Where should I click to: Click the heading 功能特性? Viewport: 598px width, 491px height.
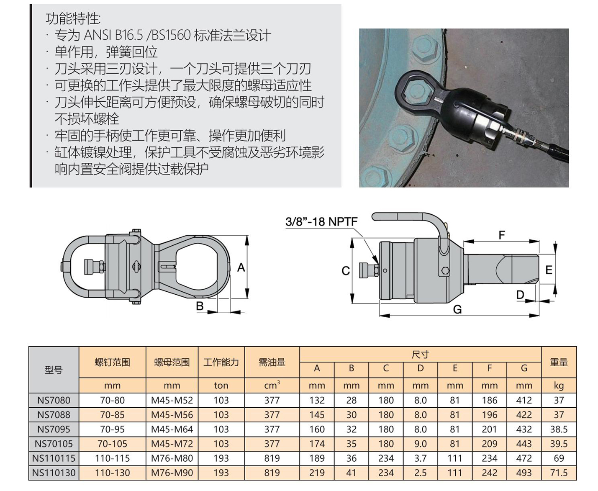point(73,19)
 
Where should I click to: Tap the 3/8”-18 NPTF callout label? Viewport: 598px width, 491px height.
point(321,221)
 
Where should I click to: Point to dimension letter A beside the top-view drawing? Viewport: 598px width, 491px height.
point(241,267)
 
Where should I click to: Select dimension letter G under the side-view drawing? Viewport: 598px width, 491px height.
point(457,309)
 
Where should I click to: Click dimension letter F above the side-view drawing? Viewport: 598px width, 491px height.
point(502,235)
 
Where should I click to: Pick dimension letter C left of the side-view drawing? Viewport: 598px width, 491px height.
point(345,270)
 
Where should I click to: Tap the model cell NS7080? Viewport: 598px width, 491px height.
point(54,400)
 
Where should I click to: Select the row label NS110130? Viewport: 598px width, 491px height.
point(54,473)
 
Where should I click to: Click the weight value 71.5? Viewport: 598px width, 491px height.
point(559,473)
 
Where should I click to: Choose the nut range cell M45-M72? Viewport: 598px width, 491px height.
point(172,444)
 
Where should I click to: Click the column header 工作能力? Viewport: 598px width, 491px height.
point(221,362)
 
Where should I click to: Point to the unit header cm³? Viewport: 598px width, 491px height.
point(272,385)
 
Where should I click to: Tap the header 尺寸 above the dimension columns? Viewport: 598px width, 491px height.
point(420,354)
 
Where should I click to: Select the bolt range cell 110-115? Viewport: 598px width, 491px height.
point(112,458)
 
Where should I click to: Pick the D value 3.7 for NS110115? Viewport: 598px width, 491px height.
point(420,458)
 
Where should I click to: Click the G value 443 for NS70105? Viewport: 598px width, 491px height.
point(524,444)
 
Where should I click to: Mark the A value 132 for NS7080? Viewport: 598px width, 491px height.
point(317,400)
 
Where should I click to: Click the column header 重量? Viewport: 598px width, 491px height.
point(559,362)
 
